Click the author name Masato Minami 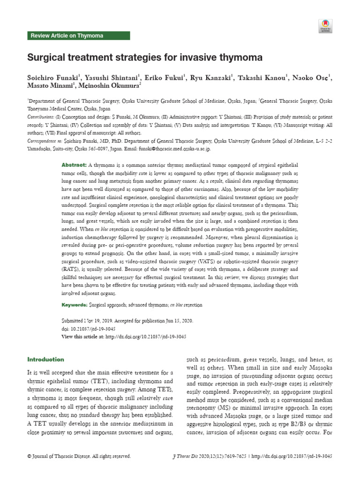[49, 86]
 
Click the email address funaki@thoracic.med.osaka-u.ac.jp [174, 148]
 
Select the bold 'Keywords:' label [75, 305]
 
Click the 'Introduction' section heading [45, 360]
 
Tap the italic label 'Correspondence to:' [46, 140]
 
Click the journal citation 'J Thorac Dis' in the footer [181, 456]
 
